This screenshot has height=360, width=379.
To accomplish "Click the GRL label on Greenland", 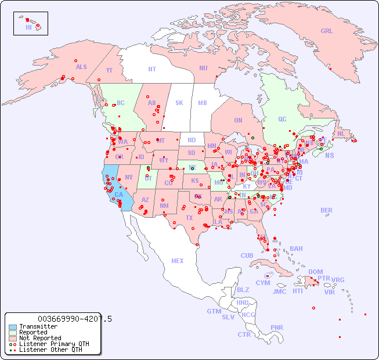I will (327, 31).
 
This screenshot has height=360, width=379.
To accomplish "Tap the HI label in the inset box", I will (28, 27).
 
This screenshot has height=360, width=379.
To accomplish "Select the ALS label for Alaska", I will (81, 67).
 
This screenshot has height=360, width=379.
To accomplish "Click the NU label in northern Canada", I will (203, 68).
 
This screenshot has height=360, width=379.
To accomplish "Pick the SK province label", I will (179, 103).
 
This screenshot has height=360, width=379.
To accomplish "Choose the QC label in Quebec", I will (282, 119).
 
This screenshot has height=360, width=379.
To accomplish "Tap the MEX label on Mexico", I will (178, 261).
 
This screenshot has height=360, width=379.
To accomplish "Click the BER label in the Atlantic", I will (326, 210).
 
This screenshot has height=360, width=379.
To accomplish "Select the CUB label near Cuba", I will (247, 255).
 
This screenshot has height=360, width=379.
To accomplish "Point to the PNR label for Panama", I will (277, 327).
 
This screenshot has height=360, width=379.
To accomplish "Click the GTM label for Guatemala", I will (214, 311).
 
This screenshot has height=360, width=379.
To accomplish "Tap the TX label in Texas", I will (189, 218).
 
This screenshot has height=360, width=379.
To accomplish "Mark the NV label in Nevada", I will (129, 177).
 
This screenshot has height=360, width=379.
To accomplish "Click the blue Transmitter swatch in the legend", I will (13, 327).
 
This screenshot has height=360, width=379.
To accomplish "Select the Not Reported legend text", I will (40, 338).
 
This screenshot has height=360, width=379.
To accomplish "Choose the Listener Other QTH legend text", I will (50, 350).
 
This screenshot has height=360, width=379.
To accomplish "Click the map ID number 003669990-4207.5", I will (74, 319).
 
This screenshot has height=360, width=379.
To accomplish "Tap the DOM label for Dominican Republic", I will (315, 272).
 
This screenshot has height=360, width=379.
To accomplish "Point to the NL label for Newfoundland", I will (341, 133).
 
